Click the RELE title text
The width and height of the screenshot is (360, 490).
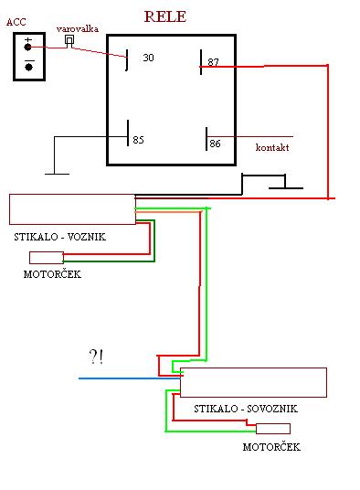165,16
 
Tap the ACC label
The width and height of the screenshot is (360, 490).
16,22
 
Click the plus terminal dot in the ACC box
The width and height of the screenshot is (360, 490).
27,48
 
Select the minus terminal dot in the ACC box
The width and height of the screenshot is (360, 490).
29,67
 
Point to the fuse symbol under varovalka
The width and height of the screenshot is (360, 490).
69,41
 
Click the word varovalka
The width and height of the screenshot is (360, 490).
78,28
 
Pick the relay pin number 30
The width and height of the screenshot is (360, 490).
148,58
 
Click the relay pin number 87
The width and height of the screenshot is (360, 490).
213,62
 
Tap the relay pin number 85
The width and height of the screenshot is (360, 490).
138,140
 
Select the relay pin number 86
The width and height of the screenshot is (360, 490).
215,144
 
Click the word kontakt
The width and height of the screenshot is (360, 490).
272,147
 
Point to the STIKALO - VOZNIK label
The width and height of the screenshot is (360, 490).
60,237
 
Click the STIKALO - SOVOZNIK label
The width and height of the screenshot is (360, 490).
246,409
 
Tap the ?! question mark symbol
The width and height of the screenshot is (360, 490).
96,357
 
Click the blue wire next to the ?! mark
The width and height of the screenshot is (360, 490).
130,378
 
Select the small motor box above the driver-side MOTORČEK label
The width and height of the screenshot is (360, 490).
47,258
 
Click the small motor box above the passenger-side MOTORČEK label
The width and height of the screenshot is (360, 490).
273,429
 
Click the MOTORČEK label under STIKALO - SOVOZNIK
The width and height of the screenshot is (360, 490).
271,447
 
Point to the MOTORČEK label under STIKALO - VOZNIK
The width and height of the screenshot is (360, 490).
52,274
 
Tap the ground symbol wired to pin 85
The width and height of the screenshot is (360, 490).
58,174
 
